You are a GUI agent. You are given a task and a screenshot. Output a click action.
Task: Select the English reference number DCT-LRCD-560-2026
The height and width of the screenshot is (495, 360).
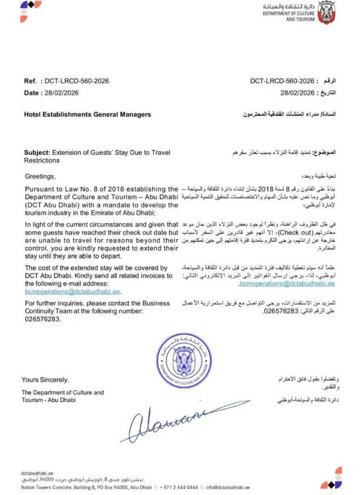point(77,81)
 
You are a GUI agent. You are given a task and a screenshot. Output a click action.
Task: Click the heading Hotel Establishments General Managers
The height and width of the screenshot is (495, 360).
point(88,115)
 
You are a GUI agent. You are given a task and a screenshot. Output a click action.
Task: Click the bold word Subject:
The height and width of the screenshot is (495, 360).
point(37,152)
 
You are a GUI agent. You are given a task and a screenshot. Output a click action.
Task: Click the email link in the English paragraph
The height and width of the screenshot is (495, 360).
point(73,291)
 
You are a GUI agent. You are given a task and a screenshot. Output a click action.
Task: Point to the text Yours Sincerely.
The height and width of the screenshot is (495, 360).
point(45,380)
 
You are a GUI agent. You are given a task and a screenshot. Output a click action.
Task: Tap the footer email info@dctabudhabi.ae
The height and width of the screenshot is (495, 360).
point(228,487)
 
